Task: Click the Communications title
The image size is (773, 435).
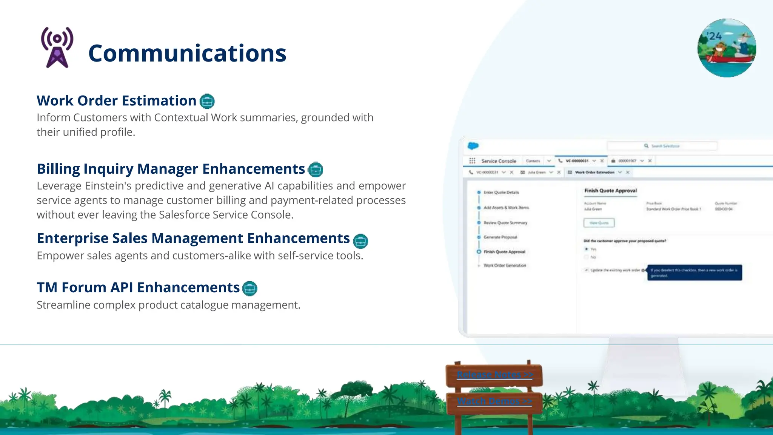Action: (187, 53)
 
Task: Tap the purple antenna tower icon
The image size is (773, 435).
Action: (57, 48)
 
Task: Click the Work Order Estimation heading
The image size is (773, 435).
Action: (116, 101)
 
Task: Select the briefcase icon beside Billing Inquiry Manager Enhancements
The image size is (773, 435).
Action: (316, 170)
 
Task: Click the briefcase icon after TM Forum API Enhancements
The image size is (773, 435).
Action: (249, 288)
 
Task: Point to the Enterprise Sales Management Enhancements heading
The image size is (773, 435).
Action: (193, 238)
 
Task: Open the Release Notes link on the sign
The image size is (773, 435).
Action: (494, 375)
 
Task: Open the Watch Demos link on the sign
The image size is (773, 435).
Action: (494, 401)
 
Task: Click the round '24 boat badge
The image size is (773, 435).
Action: (727, 48)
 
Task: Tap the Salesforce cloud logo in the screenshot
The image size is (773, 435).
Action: (473, 146)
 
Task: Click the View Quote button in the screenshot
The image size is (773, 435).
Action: (599, 223)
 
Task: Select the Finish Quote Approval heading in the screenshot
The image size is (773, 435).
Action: (610, 191)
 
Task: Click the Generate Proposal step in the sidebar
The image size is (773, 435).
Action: (500, 237)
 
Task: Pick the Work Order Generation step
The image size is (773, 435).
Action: (505, 265)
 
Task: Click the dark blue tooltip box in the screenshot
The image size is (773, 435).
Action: (694, 273)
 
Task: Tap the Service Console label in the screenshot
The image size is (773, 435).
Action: (499, 161)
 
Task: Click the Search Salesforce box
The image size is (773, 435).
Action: (662, 146)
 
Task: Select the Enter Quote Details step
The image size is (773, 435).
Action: (501, 192)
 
